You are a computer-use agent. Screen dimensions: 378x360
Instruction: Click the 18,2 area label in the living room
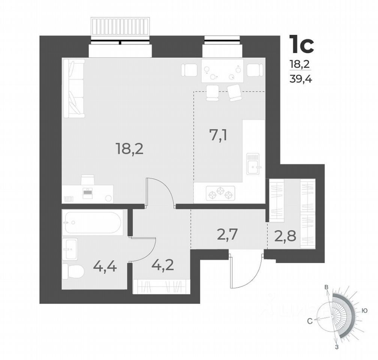pos(129,150)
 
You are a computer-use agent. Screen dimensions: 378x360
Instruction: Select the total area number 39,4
pos(299,79)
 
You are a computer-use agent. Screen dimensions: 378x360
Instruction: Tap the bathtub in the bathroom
pos(92,222)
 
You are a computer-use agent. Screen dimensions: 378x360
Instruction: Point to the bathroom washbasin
pos(70,248)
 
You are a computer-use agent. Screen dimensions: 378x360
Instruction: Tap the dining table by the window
pos(222,71)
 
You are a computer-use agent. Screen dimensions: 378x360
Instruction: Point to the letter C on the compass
pos(310,321)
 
